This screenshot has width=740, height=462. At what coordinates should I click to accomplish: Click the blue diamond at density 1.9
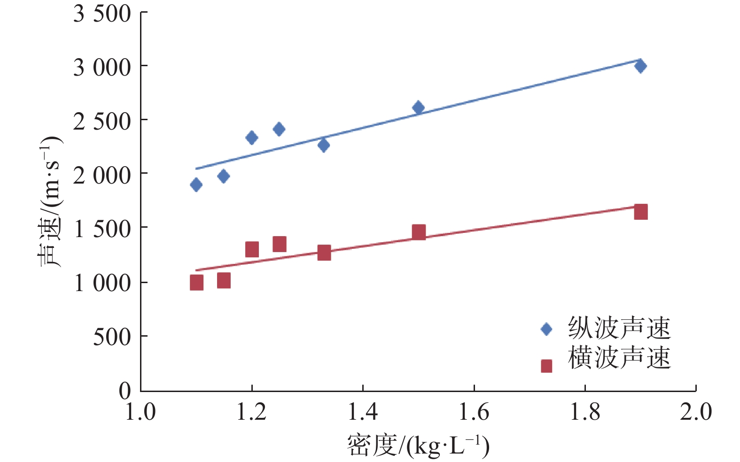point(640,66)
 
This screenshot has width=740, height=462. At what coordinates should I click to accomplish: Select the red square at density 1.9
point(640,212)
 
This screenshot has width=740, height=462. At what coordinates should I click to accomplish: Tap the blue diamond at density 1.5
point(418,108)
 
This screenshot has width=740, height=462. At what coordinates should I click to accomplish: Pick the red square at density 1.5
point(419,232)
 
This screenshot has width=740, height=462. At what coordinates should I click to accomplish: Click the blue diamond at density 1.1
point(196,185)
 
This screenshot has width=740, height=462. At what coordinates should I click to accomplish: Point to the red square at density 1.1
point(196,283)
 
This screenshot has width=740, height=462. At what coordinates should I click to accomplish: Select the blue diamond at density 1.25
point(279,129)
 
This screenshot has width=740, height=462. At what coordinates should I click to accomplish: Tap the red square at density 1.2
point(252,249)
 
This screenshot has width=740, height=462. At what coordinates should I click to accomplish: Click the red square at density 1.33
point(324,253)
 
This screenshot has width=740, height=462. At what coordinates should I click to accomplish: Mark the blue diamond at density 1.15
point(224,177)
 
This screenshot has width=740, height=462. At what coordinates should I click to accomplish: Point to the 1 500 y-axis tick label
point(102,230)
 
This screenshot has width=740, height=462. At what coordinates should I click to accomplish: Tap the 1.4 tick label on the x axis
point(363,412)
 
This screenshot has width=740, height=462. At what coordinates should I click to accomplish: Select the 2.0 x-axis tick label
point(696,412)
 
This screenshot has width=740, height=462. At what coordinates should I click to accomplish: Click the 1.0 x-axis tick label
point(140,412)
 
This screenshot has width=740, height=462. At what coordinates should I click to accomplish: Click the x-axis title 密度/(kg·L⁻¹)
point(418,446)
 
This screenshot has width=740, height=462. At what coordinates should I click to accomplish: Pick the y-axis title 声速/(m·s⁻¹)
point(49,202)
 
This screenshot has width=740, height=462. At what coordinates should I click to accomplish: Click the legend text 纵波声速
point(619,328)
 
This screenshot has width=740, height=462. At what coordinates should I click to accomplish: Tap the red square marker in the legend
point(546,366)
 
